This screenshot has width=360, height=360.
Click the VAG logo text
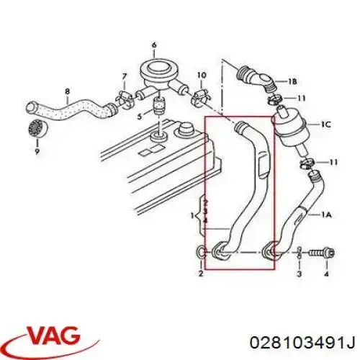(53, 334)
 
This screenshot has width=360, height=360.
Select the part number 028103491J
(302, 342)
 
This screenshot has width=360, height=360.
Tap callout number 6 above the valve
(154, 45)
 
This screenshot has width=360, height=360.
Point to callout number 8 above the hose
(68, 91)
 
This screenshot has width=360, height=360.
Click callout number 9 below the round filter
(37, 151)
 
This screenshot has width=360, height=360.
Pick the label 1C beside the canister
(325, 125)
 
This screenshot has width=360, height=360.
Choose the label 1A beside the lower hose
(326, 215)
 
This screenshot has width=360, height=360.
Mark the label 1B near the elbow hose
(292, 81)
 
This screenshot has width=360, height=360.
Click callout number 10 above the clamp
(202, 75)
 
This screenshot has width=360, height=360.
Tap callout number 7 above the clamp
(124, 76)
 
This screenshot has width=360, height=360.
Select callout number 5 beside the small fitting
(140, 117)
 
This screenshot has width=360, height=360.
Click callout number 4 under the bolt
(326, 274)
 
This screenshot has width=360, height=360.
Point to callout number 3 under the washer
(299, 274)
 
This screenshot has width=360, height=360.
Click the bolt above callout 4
(321, 253)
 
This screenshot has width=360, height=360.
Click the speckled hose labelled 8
(71, 107)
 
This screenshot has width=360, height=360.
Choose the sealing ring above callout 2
(201, 252)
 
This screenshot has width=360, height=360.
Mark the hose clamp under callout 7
(124, 99)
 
